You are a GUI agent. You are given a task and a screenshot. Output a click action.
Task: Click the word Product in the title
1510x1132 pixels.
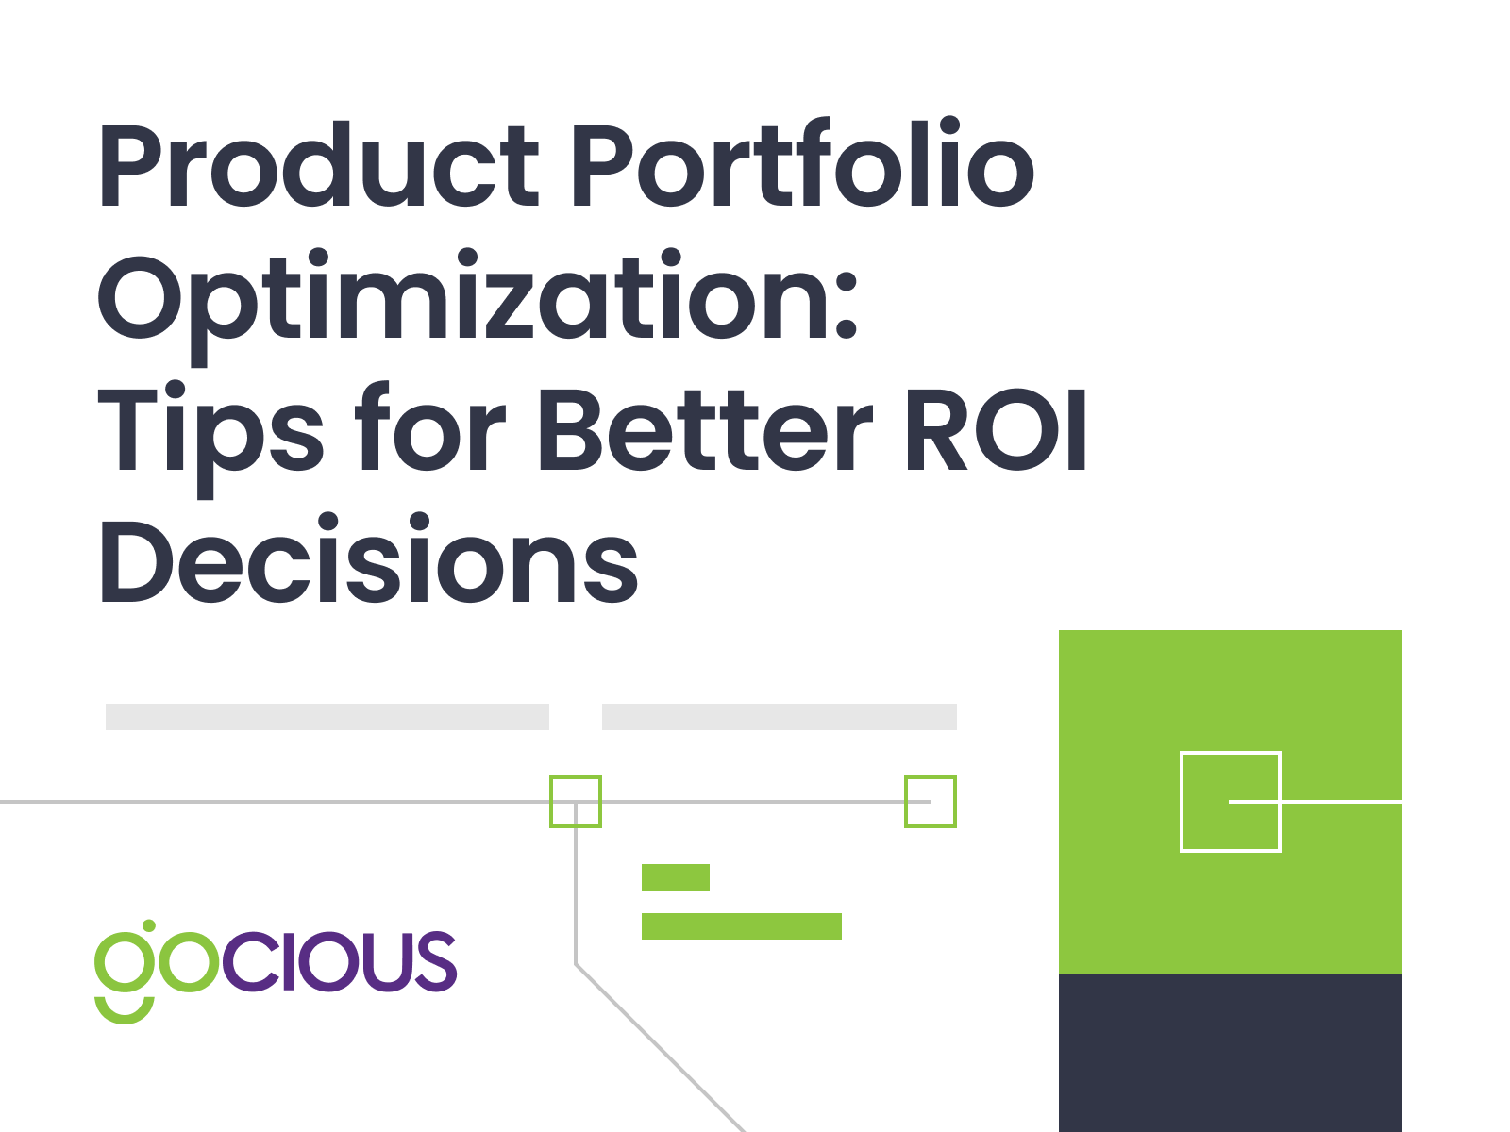click(x=318, y=165)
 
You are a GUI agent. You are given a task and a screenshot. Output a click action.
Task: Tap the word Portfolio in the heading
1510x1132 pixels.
click(x=803, y=162)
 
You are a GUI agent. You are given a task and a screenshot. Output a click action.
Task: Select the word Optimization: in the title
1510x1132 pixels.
click(x=478, y=305)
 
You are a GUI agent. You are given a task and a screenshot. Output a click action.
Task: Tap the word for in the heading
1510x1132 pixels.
click(x=430, y=427)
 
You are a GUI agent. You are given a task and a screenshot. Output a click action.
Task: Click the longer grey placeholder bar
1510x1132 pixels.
click(x=327, y=716)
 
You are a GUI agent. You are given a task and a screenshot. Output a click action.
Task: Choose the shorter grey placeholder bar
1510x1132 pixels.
click(x=780, y=716)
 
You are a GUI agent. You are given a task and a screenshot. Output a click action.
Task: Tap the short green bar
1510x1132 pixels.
click(x=676, y=877)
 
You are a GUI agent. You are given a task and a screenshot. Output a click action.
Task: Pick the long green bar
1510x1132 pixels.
click(x=742, y=925)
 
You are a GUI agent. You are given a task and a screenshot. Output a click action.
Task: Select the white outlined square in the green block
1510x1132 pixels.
click(x=1182, y=802)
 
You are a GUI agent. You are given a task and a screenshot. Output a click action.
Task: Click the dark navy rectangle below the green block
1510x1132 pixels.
click(x=1230, y=1052)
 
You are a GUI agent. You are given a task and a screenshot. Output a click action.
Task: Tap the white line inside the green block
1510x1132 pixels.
click(x=1316, y=802)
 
